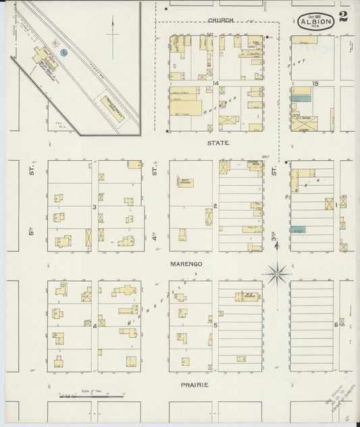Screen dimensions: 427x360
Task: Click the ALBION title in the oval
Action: coord(315,21)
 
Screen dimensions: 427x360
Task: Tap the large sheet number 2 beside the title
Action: coord(344,17)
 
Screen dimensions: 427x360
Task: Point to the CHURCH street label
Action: coord(221,20)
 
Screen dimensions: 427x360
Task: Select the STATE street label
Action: coord(218,143)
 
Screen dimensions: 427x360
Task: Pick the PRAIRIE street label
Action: coord(194,384)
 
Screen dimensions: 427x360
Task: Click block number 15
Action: coord(316,83)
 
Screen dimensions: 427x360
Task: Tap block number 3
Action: coord(95,206)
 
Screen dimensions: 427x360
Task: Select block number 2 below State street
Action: coord(215,205)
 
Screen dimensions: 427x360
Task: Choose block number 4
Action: coord(95,326)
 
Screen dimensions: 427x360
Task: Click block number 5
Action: coord(215,326)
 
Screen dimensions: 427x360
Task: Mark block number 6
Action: coord(336,325)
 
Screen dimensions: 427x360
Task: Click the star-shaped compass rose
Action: coord(277,274)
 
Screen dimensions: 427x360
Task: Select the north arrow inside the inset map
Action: coord(113,30)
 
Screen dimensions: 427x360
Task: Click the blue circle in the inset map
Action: coord(64,51)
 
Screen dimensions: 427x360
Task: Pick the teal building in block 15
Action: coord(301,99)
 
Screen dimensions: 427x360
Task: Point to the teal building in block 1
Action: coord(298,230)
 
